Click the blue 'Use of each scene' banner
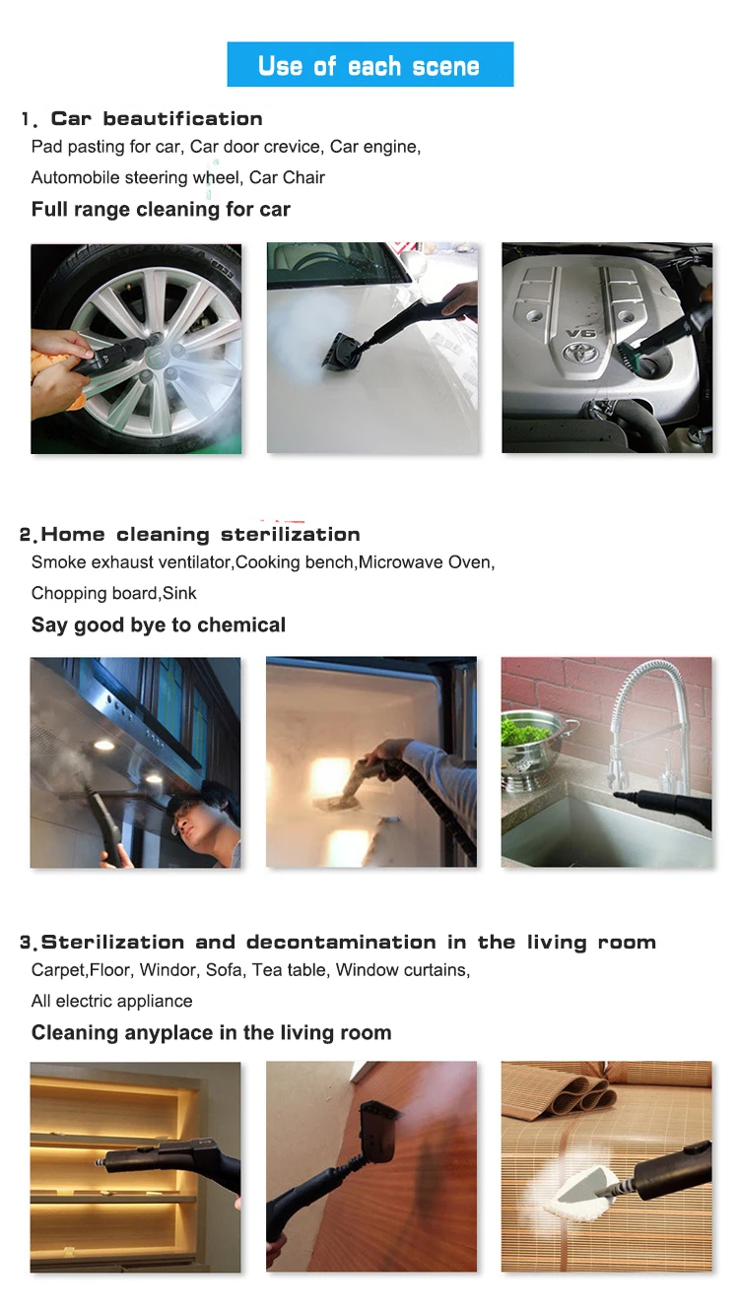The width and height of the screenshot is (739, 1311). [369, 65]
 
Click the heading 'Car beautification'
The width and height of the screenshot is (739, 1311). [157, 119]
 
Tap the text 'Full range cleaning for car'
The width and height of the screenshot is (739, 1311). [161, 209]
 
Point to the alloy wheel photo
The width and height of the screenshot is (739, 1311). [136, 349]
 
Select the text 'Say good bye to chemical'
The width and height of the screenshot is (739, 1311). [159, 625]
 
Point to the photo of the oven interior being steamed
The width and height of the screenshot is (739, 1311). [371, 762]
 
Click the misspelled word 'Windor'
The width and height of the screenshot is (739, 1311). [168, 970]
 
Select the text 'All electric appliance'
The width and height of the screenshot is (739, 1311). [111, 1001]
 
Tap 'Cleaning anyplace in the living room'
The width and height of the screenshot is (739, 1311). [211, 1033]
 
